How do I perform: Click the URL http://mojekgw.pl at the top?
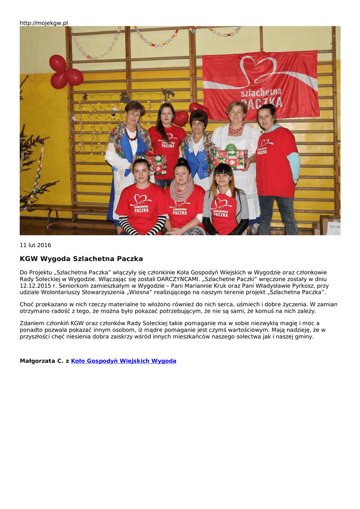(44, 23)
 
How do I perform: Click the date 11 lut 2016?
(35, 245)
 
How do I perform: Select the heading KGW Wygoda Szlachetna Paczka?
(81, 259)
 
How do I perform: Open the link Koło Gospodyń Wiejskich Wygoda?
(123, 361)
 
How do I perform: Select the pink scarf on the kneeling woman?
(182, 189)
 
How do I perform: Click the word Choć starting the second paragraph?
(27, 304)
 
